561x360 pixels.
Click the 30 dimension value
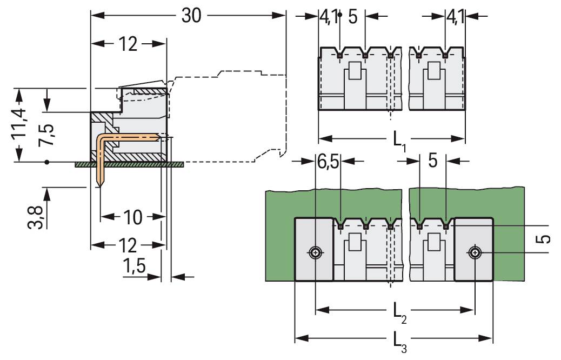coord(191,16)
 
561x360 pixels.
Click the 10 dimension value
coord(132,217)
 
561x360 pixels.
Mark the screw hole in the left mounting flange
coord(315,252)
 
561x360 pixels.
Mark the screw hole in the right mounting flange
coord(474,252)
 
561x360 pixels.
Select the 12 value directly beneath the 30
coord(128,45)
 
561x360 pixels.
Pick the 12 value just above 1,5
coord(128,246)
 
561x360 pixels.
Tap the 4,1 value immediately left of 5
coord(329,17)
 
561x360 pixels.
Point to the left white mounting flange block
coord(313,249)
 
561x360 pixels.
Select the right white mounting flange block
coord(473,249)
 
